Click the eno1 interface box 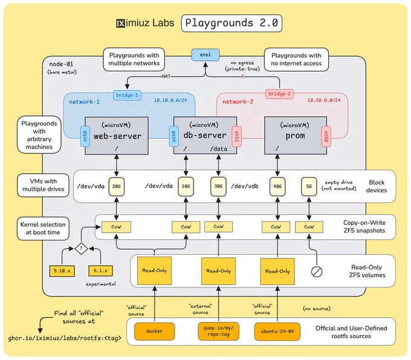click(x=205, y=55)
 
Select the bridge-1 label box click(x=127, y=95)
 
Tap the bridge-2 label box click(x=279, y=94)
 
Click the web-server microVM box click(x=117, y=135)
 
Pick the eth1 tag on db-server click(x=236, y=137)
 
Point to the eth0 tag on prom click(x=326, y=137)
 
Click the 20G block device click(x=117, y=186)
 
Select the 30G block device click(x=218, y=186)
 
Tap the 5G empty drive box click(x=309, y=186)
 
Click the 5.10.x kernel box click(x=62, y=271)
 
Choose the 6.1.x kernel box click(x=101, y=271)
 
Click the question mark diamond click(x=81, y=248)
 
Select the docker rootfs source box click(x=154, y=331)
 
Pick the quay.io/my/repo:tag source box click(x=219, y=331)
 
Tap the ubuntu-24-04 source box click(x=277, y=331)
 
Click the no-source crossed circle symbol click(x=317, y=272)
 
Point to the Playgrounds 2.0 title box click(x=231, y=24)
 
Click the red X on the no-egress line click(x=242, y=77)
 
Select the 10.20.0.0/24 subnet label click(x=324, y=100)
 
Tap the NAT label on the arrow click(x=166, y=76)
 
